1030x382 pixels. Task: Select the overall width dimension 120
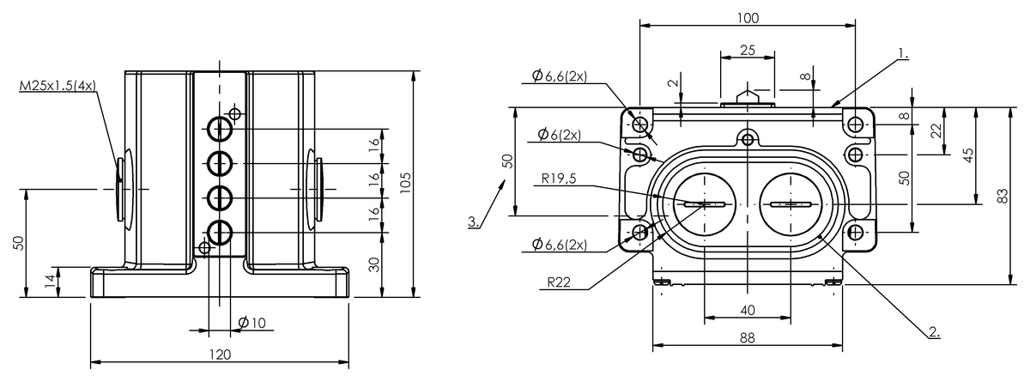point(220,354)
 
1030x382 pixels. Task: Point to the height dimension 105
point(406,183)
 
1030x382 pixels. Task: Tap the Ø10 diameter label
point(253,322)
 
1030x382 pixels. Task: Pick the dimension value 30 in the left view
point(374,264)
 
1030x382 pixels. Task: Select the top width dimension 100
point(747,17)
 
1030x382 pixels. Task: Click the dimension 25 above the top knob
point(747,51)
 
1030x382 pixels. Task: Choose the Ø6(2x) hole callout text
point(560,135)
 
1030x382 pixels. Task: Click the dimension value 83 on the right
point(1003,195)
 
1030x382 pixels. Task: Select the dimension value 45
point(969,155)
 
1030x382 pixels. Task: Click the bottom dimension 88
point(747,338)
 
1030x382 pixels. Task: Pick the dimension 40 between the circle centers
point(747,309)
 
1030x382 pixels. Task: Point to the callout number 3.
point(474,221)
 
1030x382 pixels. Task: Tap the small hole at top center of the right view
point(748,138)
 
